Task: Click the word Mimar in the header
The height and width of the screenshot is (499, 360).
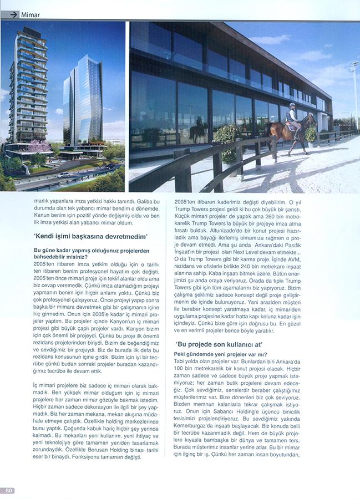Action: pos(30,15)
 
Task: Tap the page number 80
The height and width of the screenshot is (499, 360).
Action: pos(9,490)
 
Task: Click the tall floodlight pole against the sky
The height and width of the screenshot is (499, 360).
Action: pos(354,94)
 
